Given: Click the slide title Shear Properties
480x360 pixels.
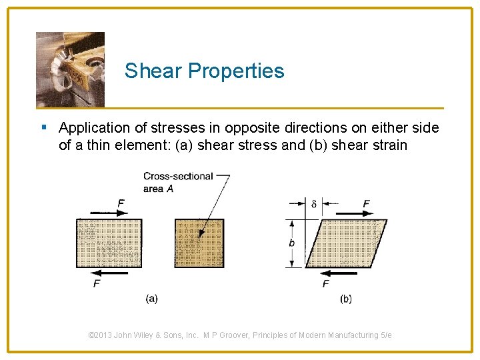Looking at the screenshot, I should (x=204, y=71).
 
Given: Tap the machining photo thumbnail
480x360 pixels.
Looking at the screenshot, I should (x=70, y=69).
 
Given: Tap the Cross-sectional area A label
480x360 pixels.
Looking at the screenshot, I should (x=177, y=182).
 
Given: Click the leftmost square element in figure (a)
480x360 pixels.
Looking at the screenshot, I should (x=109, y=243).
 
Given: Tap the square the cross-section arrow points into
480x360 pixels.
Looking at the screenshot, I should (x=199, y=243).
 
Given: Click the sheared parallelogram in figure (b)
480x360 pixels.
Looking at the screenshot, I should (x=346, y=243).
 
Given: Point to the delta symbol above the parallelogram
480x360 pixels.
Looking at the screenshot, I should (x=314, y=204).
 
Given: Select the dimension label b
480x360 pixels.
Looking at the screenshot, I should (x=292, y=243).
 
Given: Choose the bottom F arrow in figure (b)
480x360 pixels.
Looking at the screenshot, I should (x=337, y=272).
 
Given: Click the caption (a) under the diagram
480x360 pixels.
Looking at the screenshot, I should (x=151, y=299).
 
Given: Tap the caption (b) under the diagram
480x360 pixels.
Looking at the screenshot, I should (x=345, y=299).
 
